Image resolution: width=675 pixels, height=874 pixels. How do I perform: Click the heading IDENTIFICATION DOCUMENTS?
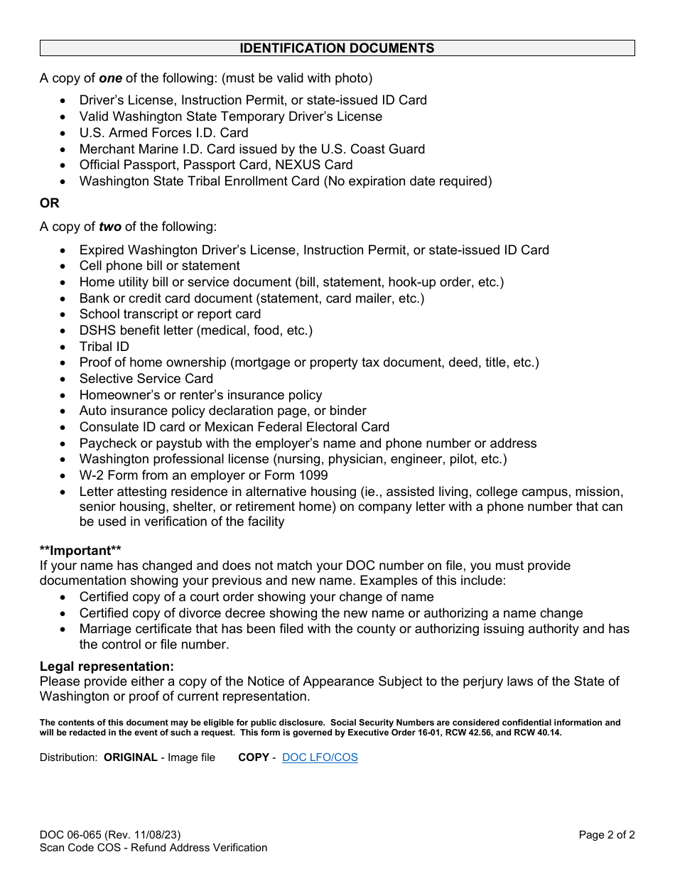click(337, 48)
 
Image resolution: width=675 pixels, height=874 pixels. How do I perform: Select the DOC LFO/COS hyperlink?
click(320, 757)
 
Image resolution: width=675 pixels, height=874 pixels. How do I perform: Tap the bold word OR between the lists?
click(50, 203)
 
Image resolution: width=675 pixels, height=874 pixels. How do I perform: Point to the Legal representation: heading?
click(107, 667)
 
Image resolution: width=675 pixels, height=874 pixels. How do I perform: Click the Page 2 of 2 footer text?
click(606, 835)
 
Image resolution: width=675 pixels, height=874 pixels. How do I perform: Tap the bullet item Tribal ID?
click(104, 347)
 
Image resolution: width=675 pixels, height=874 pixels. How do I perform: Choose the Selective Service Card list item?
click(146, 379)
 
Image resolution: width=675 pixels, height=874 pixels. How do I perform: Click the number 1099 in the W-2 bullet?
click(313, 475)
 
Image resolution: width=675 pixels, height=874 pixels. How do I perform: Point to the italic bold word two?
click(110, 227)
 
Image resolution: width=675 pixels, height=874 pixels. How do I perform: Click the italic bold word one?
click(110, 78)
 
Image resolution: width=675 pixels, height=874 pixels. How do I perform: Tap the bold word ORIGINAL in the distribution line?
click(131, 757)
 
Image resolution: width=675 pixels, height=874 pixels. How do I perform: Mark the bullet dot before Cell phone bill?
click(64, 266)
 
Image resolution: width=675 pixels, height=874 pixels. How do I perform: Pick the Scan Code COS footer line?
click(153, 848)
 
